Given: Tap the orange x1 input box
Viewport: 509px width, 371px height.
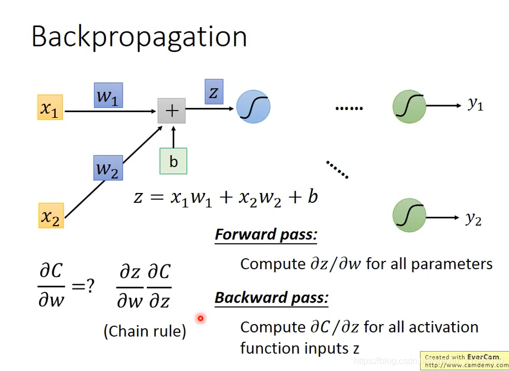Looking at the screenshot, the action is coord(50,107).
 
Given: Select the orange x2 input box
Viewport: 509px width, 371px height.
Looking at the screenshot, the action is coord(51,216).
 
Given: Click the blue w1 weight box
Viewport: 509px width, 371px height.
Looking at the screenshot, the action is coord(108,95).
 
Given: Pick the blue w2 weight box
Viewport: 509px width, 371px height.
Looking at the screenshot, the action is coord(108,168).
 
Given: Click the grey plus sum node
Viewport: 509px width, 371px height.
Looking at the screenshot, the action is coord(172,111).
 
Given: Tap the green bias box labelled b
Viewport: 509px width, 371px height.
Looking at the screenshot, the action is coord(173,161).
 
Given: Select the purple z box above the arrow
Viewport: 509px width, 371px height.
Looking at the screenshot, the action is coord(214,92).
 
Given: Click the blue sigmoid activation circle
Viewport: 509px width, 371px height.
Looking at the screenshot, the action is coord(253,107).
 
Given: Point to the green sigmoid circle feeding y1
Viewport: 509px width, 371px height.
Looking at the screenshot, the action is coord(409,106).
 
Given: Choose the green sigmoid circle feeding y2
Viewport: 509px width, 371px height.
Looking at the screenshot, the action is coord(409,215).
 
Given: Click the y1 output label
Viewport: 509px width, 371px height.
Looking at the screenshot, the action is coord(475,104).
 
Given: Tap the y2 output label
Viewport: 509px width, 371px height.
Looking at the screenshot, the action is coord(474,218).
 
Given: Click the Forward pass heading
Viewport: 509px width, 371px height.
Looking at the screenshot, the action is coord(266,234).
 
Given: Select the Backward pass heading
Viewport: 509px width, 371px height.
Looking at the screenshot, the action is coord(272,298).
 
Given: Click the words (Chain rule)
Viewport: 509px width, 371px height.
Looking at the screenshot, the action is coord(145,332).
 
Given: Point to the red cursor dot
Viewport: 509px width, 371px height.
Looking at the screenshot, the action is coord(200,318).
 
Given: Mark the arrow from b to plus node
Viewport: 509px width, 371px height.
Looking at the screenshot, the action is coord(173,137).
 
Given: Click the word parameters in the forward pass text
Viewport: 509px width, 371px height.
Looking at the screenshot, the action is coord(452,264).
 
